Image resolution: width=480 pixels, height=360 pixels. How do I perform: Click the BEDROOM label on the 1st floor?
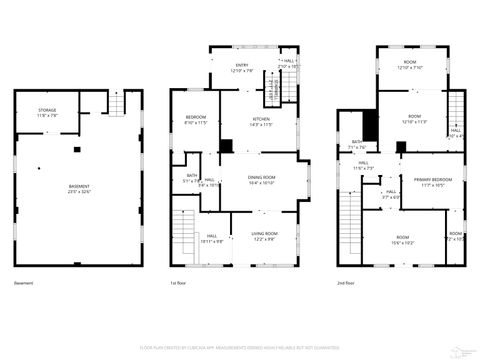click(196, 120)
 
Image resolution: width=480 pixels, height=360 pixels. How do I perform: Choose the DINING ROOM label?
click(261, 179)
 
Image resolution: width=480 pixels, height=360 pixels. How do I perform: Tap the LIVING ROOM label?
click(265, 235)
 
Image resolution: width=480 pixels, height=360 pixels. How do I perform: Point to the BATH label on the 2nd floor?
click(357, 144)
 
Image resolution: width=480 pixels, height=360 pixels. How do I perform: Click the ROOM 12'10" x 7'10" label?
click(409, 65)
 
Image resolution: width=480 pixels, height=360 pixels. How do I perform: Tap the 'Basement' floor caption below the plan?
click(25, 283)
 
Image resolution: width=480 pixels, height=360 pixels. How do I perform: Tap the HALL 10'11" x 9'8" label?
click(212, 239)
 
